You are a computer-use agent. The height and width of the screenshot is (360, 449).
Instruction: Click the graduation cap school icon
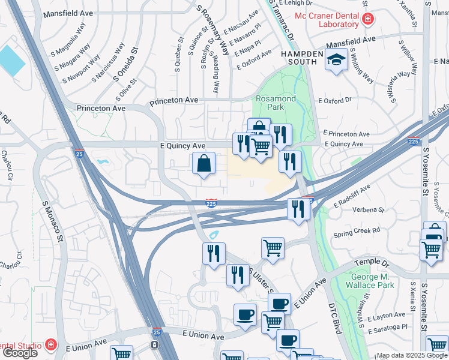336,61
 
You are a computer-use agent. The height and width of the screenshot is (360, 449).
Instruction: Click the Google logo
20,352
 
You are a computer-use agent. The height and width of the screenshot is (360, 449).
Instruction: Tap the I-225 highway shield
211,203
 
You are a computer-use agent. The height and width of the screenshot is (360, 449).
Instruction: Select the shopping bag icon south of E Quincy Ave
204,163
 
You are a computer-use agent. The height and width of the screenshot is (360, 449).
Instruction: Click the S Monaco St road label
52,221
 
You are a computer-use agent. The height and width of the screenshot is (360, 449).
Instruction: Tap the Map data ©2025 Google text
411,355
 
